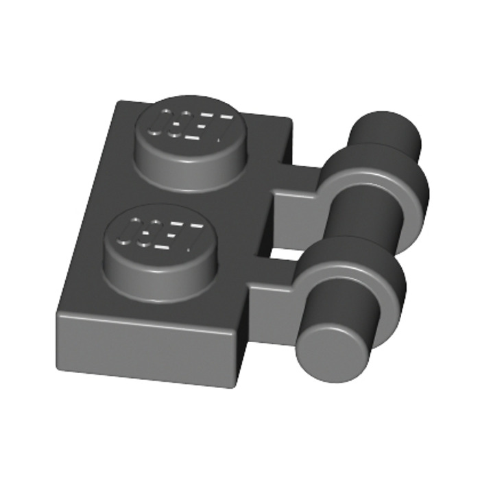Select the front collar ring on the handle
pyautogui.click(x=350, y=281)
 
